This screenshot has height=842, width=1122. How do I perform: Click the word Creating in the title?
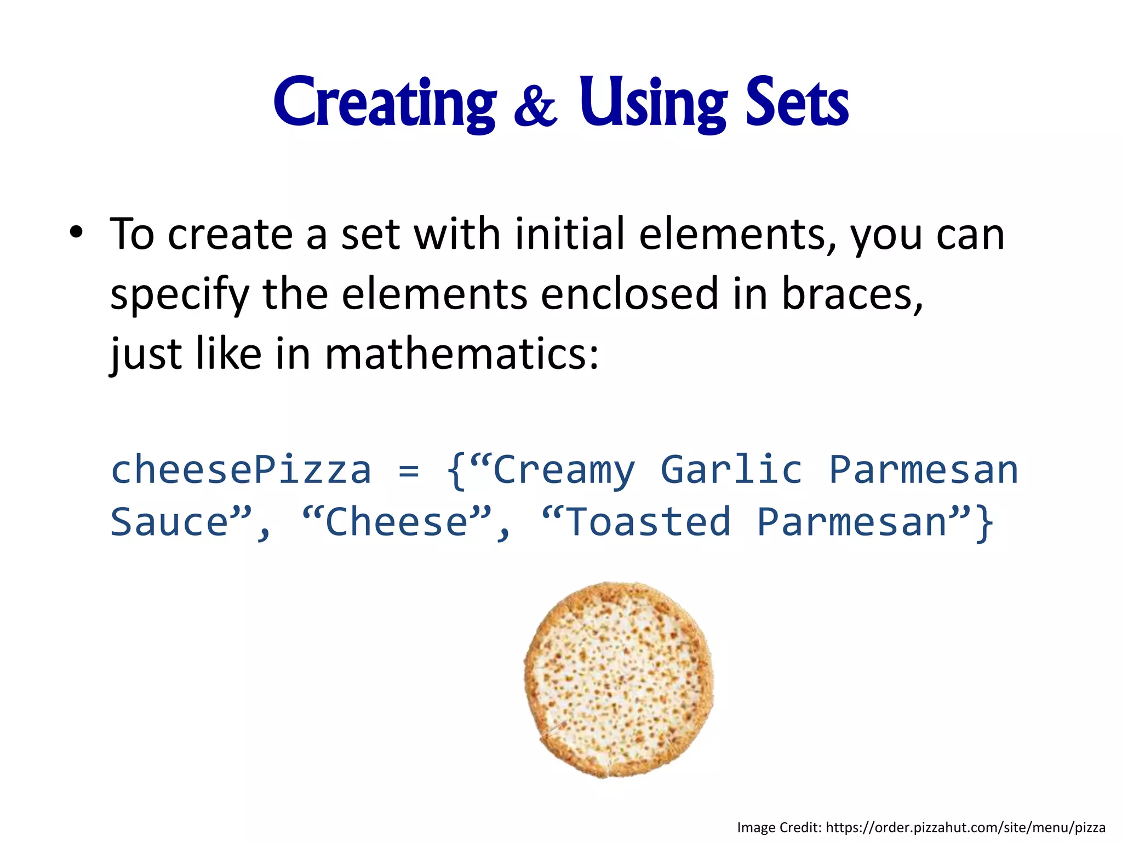pos(385,103)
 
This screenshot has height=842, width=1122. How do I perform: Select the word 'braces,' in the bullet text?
pos(852,294)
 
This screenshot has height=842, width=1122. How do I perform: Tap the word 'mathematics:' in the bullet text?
pos(462,354)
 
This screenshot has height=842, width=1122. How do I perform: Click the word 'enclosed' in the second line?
pos(629,294)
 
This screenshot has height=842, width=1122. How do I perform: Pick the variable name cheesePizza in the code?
pos(241,470)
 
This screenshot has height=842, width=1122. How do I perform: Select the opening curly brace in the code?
pos(456,470)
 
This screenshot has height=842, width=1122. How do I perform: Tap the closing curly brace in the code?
pos(984,523)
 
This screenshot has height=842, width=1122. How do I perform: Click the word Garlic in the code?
pos(731,470)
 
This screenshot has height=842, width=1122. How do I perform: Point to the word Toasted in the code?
pos(648,522)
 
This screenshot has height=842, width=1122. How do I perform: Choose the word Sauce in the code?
pos(169,522)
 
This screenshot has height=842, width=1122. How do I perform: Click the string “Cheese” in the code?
pos(398,522)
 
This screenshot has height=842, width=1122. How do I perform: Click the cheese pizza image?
pos(619,680)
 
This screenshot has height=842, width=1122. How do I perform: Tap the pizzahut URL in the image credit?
pos(965,827)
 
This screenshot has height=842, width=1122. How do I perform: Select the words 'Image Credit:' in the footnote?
pos(779,827)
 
